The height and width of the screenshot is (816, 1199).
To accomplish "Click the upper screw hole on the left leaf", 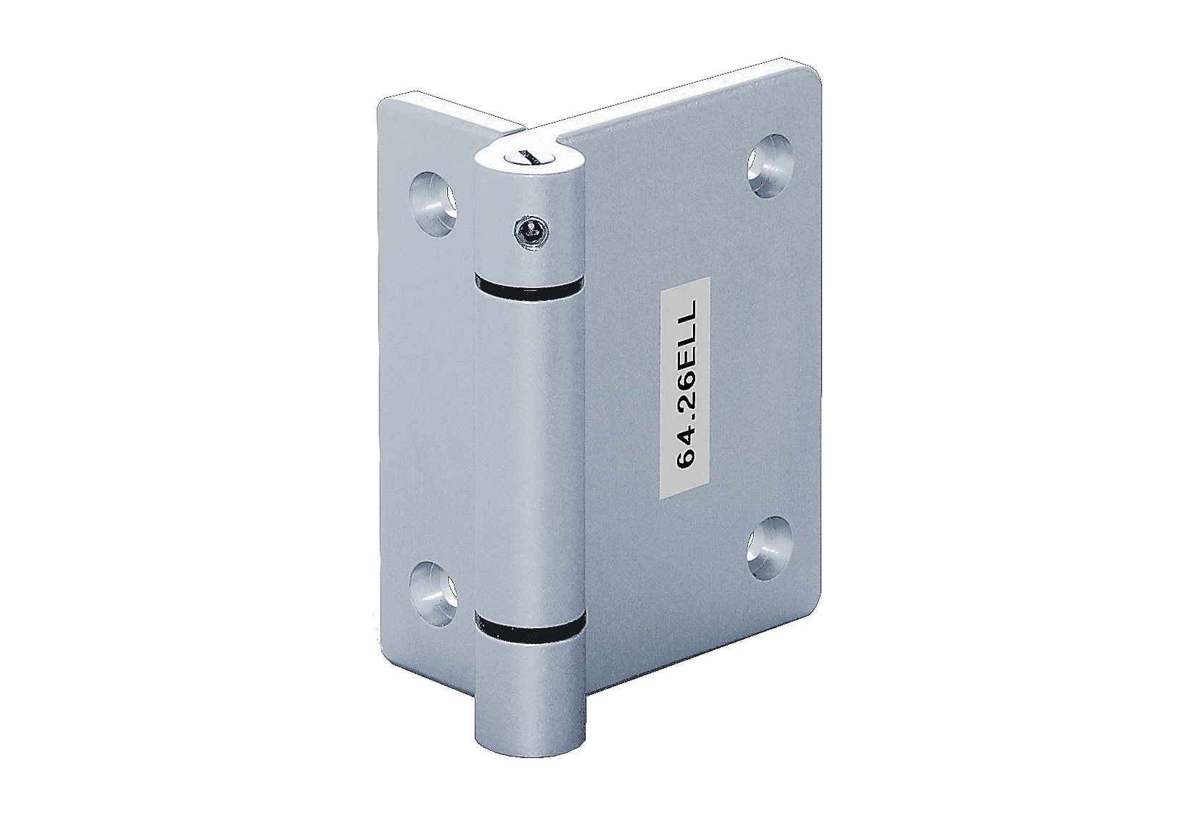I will click(x=433, y=195).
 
